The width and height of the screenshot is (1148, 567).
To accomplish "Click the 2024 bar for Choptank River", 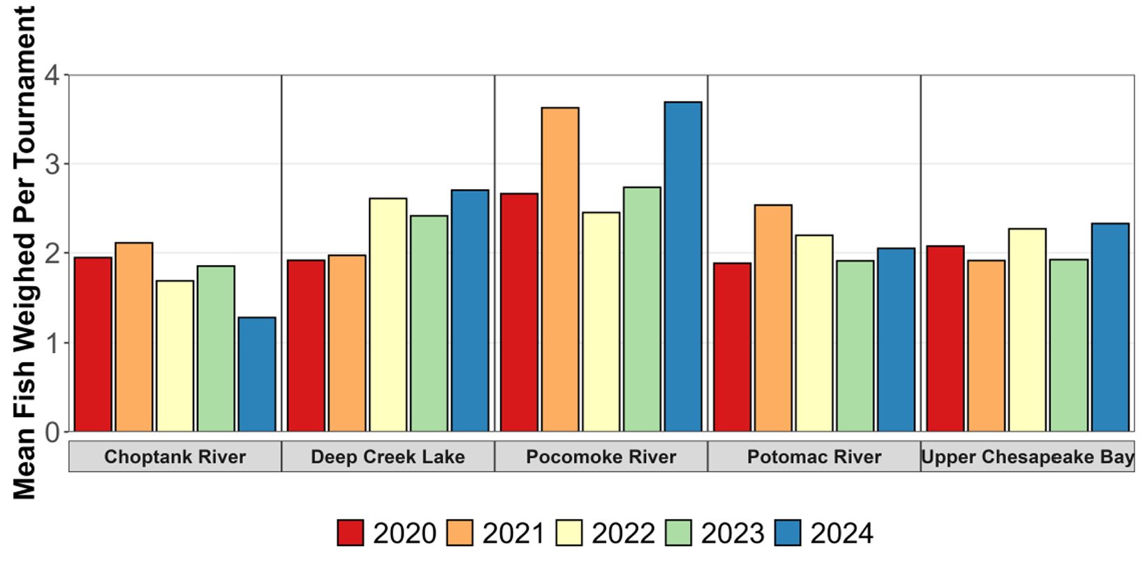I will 257,375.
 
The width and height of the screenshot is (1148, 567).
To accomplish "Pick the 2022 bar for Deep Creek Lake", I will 388,315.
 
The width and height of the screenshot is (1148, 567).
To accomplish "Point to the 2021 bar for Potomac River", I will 773,318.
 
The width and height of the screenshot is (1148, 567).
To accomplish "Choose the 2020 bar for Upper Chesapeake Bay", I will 945,338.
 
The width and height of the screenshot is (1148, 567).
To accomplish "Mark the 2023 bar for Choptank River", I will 216,349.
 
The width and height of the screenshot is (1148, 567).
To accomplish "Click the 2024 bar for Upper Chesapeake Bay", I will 1110,327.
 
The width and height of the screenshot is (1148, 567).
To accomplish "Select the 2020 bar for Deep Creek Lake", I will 306,346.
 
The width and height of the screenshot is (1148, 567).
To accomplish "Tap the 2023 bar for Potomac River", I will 855,346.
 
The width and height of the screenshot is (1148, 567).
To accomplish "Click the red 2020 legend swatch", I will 351,533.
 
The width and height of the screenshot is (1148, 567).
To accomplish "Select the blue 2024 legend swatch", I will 788,533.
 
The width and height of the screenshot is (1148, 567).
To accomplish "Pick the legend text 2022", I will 623,534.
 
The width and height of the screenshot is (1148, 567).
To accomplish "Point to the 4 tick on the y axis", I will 52,75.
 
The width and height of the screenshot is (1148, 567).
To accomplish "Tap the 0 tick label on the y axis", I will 52,432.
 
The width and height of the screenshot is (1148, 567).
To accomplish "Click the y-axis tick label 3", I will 52,165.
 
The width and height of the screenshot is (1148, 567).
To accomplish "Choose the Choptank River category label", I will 175,457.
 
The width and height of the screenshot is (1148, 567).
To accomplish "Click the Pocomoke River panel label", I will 601,457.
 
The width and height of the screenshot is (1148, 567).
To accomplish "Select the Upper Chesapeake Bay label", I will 1027,457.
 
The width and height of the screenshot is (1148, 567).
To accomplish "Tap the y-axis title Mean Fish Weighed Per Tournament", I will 24,252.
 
